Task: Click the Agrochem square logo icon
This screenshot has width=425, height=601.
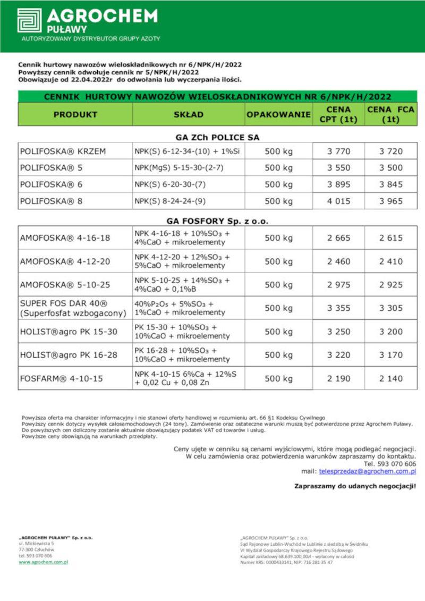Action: pyautogui.click(x=29, y=20)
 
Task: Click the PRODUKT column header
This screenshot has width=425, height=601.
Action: pyautogui.click(x=75, y=114)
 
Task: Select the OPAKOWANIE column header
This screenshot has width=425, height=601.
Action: pyautogui.click(x=278, y=114)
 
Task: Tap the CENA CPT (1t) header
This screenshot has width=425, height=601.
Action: pyautogui.click(x=338, y=114)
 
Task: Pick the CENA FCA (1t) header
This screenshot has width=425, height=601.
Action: pyautogui.click(x=390, y=114)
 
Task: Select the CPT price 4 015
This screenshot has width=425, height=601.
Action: pyautogui.click(x=338, y=201)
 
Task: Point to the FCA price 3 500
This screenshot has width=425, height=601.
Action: pyautogui.click(x=390, y=168)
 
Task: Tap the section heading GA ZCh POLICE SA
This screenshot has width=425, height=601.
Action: pyautogui.click(x=217, y=137)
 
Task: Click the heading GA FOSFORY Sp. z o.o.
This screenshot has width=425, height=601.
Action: pyautogui.click(x=217, y=221)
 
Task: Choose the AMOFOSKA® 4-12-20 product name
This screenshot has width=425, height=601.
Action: pyautogui.click(x=65, y=261)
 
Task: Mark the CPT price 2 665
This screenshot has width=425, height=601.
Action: pyautogui.click(x=338, y=238)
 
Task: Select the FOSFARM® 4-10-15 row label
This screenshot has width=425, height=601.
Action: pyautogui.click(x=62, y=379)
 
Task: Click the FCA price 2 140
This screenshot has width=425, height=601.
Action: pyautogui.click(x=390, y=379)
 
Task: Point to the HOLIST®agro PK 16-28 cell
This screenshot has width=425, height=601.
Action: pyautogui.click(x=69, y=355)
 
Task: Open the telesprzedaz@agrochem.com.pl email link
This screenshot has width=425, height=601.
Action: pyautogui.click(x=367, y=471)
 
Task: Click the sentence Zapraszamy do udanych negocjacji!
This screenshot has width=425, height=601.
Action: pyautogui.click(x=355, y=486)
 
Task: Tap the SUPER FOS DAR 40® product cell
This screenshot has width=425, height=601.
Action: pyautogui.click(x=73, y=308)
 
